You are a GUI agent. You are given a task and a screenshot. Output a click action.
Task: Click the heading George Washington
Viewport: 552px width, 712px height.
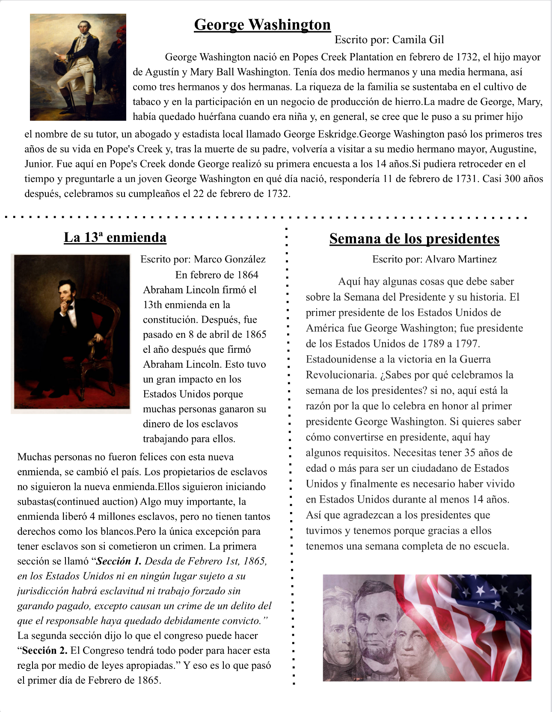tap(262, 25)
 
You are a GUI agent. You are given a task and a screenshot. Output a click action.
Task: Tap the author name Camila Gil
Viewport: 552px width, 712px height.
tap(418, 40)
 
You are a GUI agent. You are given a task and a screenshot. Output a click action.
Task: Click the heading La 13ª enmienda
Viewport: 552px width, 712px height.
tap(115, 237)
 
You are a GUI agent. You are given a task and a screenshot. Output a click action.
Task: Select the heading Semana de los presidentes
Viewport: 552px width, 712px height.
tap(414, 238)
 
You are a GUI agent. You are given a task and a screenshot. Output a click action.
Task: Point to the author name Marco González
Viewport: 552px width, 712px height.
tap(230, 259)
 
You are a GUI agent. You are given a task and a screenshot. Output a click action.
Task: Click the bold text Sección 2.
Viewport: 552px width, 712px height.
tap(45, 651)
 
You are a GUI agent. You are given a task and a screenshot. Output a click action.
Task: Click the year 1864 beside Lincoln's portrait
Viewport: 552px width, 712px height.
tap(247, 275)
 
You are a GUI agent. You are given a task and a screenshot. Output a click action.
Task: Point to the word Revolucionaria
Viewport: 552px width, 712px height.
tap(341, 375)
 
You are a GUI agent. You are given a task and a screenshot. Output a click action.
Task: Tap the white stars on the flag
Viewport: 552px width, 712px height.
tap(492, 591)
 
